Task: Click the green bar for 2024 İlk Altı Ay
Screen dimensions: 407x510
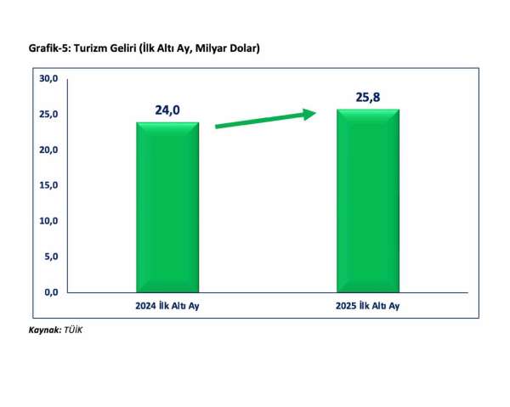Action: [x=167, y=207]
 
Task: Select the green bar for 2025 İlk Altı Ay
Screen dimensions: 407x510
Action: [x=367, y=201]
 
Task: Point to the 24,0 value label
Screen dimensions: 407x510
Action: [x=167, y=109]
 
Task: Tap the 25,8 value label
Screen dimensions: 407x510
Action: [x=367, y=96]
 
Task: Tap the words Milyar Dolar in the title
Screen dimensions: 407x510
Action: [x=225, y=49]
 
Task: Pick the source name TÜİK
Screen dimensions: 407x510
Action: [x=73, y=329]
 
